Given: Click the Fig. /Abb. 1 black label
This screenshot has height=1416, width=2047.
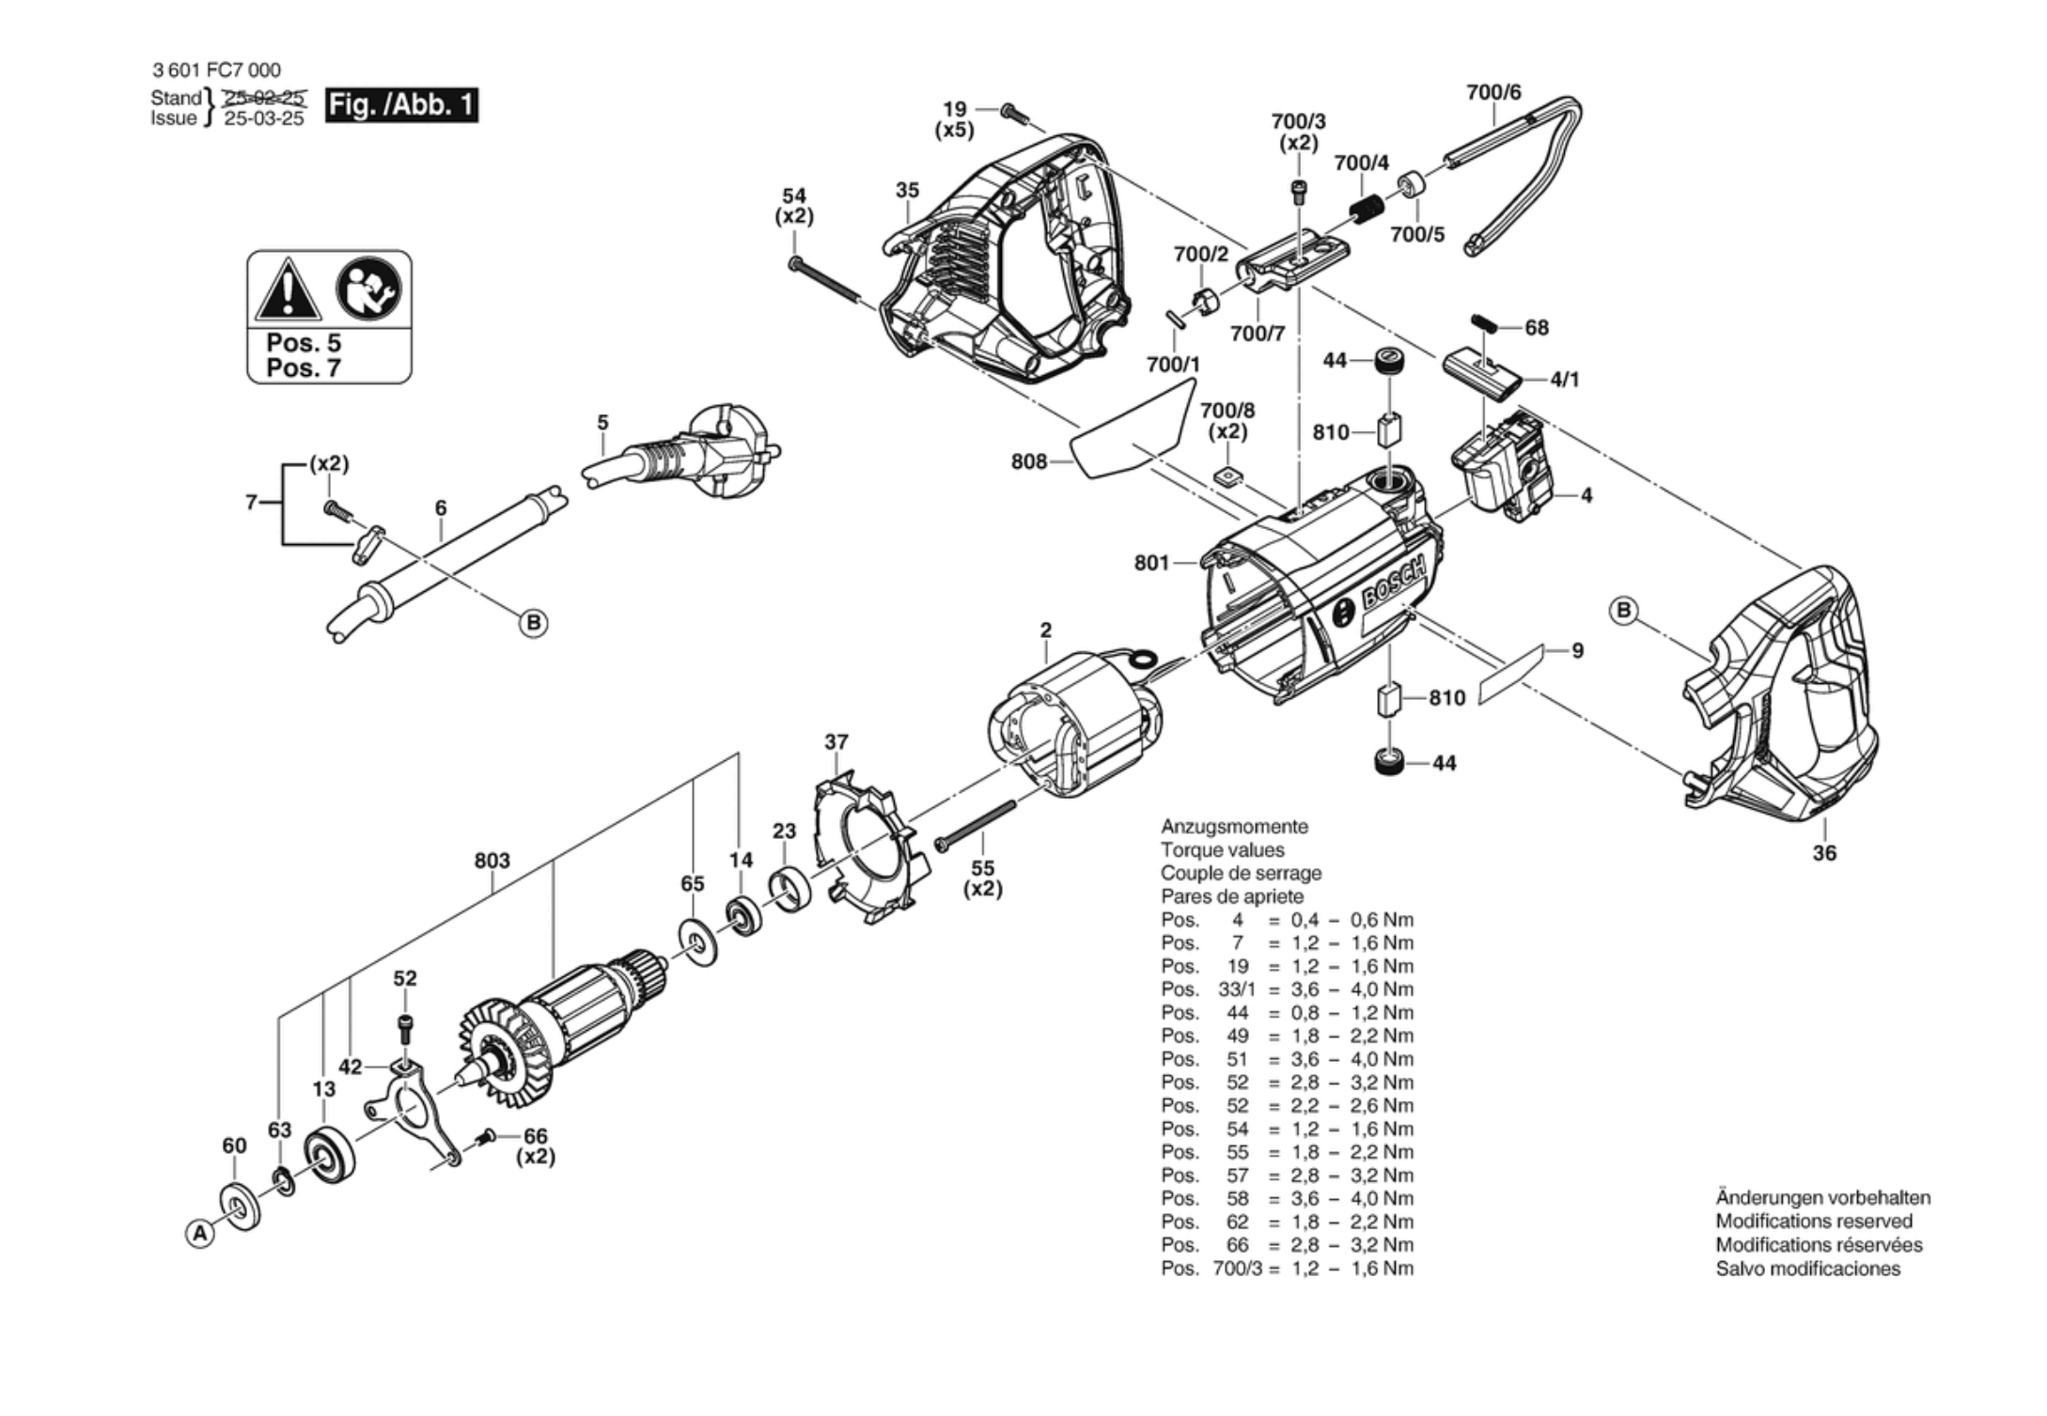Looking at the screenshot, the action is coord(401,104).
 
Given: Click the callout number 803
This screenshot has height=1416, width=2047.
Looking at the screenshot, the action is coord(492,860).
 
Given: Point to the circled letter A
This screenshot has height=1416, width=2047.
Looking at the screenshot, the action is coord(199,1234).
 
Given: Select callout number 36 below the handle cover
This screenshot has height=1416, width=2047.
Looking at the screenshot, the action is coord(1824,853).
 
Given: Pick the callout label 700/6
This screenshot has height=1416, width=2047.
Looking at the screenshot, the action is coord(1493,92).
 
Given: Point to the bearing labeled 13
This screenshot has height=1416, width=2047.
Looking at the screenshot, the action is coord(329,1154).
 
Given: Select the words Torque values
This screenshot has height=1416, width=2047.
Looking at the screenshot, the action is coord(1222,850).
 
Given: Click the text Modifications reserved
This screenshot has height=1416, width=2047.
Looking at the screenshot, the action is coord(1814,1221).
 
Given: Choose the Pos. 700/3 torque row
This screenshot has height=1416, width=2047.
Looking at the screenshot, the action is coord(1287,1268).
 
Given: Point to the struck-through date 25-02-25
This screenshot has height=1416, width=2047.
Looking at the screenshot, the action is coord(264,97).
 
